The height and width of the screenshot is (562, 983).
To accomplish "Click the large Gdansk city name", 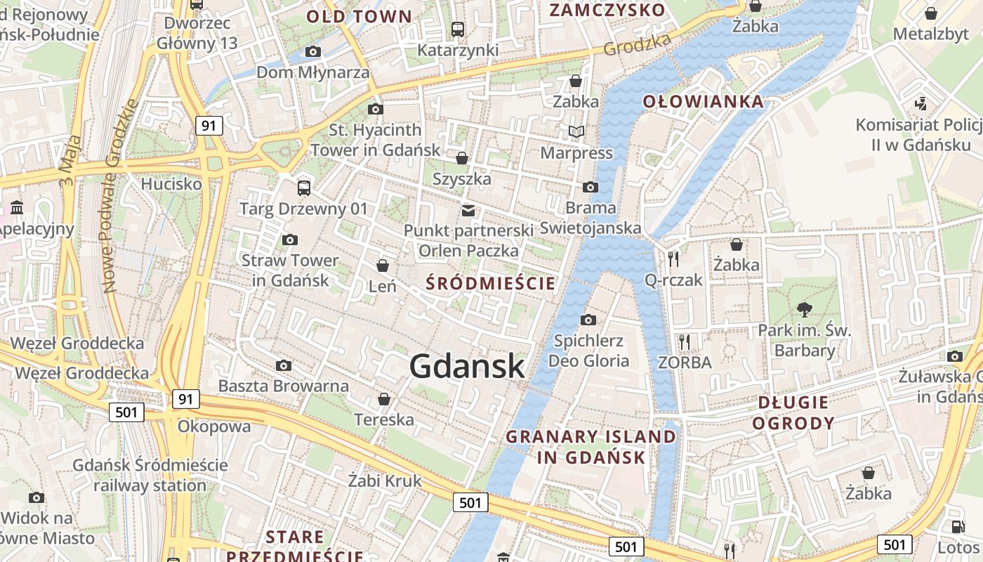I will pyautogui.click(x=467, y=367).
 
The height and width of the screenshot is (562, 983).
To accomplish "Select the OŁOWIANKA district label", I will pyautogui.click(x=704, y=102).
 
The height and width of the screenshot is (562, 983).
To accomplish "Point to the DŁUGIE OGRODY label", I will pyautogui.click(x=793, y=413).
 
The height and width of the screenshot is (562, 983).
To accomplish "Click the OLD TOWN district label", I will pyautogui.click(x=359, y=16).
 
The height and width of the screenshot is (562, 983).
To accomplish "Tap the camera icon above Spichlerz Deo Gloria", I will pyautogui.click(x=588, y=320).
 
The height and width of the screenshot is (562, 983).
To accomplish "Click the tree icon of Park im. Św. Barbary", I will pyautogui.click(x=805, y=308).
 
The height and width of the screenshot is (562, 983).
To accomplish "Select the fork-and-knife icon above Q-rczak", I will pyautogui.click(x=673, y=259).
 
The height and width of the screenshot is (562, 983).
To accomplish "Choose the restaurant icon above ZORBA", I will pyautogui.click(x=685, y=342).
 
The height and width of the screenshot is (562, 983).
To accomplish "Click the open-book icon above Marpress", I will pyautogui.click(x=576, y=131).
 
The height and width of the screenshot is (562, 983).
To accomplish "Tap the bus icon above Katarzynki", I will pyautogui.click(x=458, y=30).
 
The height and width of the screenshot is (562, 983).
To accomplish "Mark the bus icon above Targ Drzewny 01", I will pyautogui.click(x=304, y=188).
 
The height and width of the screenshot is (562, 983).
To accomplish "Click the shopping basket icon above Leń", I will pyautogui.click(x=383, y=266).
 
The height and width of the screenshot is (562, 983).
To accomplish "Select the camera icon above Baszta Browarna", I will pyautogui.click(x=284, y=365).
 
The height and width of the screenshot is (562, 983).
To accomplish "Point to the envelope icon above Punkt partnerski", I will pyautogui.click(x=468, y=210).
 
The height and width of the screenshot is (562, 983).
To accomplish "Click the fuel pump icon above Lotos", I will pyautogui.click(x=958, y=526).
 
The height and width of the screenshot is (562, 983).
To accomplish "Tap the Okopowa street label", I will pyautogui.click(x=214, y=426).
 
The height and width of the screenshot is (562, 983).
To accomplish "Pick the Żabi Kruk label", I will pyautogui.click(x=385, y=481).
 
